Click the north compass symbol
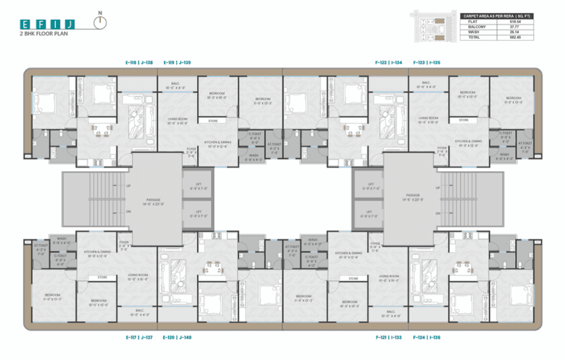coord(101,22)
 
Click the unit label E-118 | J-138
coord(139,62)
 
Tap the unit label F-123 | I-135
coord(426,62)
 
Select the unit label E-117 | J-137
coord(139,337)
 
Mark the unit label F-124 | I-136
coord(426,337)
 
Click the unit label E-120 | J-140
coord(177,337)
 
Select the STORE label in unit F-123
coord(463,120)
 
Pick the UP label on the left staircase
coord(128,185)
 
